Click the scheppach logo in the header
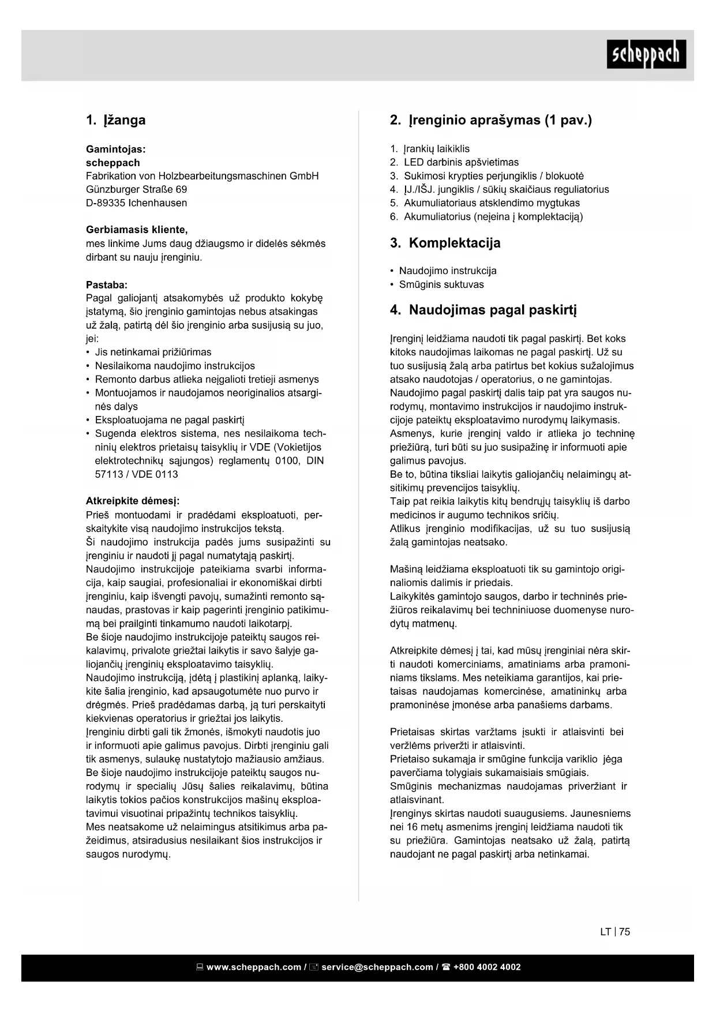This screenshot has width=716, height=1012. click(646, 55)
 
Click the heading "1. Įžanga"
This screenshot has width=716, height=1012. click(115, 120)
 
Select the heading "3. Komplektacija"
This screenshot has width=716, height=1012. click(445, 243)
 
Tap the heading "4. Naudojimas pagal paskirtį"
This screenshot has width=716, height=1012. click(483, 310)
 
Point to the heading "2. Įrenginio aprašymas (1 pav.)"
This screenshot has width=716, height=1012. click(491, 120)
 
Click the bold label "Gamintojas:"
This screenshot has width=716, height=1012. click(115, 149)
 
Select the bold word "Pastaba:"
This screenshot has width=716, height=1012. click(107, 284)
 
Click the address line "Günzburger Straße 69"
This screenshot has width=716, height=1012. click(136, 189)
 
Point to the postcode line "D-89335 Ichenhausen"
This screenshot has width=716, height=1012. click(136, 203)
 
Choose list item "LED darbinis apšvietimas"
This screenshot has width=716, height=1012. click(461, 162)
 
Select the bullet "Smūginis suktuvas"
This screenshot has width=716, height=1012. click(441, 284)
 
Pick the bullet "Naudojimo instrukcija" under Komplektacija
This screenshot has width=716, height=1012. click(448, 271)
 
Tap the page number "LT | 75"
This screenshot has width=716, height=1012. click(615, 931)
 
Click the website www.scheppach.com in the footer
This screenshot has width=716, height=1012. click(253, 967)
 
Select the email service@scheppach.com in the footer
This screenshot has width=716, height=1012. click(377, 967)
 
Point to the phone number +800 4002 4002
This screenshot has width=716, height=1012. click(487, 967)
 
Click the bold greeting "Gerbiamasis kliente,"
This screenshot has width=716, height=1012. click(137, 230)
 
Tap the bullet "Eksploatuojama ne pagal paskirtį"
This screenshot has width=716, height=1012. click(170, 420)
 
